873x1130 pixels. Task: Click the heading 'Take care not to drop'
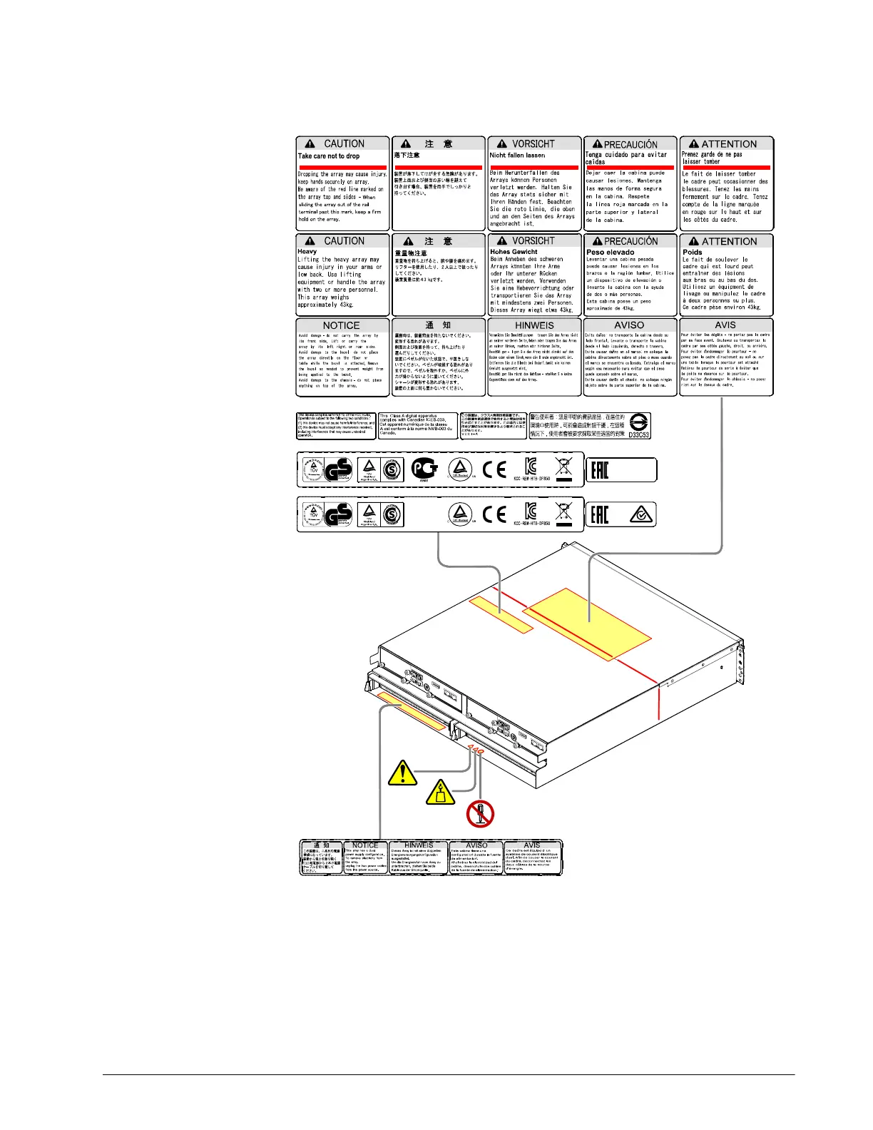(x=329, y=156)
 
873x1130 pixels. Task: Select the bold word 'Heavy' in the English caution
(x=307, y=251)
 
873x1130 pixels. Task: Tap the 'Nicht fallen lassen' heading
(x=517, y=155)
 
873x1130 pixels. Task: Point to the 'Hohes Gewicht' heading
(x=514, y=252)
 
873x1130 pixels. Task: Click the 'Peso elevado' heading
(x=610, y=253)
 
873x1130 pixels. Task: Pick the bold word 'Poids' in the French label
(x=692, y=252)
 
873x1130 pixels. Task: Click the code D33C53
(x=638, y=434)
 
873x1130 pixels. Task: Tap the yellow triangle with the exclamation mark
(x=403, y=773)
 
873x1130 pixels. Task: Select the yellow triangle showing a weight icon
(x=441, y=793)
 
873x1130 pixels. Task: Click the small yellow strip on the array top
(x=501, y=614)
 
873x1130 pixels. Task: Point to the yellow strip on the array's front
(x=412, y=711)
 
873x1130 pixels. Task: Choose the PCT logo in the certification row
(x=424, y=469)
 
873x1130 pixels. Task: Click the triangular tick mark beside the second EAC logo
(x=642, y=515)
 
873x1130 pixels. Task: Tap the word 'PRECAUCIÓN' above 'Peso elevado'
(x=630, y=241)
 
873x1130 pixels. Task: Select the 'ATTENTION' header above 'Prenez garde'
(x=728, y=144)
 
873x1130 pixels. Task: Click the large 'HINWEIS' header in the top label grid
(x=534, y=325)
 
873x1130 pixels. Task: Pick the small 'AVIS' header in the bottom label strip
(x=532, y=845)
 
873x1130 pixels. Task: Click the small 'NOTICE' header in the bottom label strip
(x=365, y=845)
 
